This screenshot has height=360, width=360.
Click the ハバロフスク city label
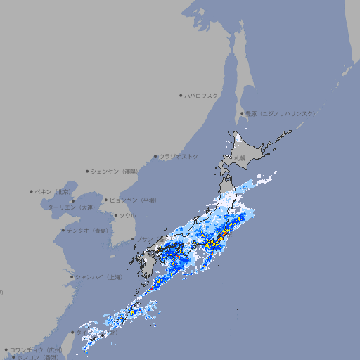coord(202,95)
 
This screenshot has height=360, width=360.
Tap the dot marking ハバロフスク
coord(181,95)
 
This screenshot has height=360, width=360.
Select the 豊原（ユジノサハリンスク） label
coord(281,113)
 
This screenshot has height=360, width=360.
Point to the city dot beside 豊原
coord(242,113)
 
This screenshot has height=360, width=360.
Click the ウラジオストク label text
coord(179,156)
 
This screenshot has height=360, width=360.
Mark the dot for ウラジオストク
coord(155,156)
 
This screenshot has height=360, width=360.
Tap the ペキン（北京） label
coord(55,191)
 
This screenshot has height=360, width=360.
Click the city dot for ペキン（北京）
coord(32,191)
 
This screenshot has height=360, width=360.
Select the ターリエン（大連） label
coord(71,207)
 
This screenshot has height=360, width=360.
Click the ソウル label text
coord(127,215)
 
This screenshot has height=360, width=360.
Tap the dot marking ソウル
coord(115,215)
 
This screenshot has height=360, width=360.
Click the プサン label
coord(143,239)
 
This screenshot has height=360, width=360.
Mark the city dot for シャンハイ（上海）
coord(72,277)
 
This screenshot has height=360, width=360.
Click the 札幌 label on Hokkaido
coord(240,157)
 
